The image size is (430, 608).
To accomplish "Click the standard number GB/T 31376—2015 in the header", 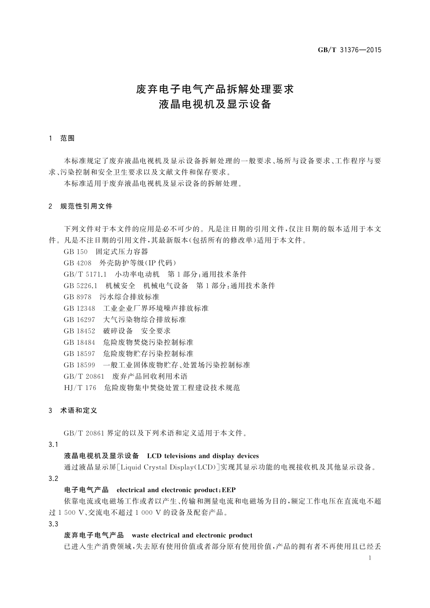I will point(349,50).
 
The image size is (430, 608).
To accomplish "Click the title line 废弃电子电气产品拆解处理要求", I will point(215,89).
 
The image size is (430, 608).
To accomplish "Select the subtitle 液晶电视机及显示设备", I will point(215,104).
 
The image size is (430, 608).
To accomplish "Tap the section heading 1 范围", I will point(62,138).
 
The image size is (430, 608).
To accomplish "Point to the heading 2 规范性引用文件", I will point(80,206).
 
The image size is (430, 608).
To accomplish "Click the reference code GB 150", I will point(76,252).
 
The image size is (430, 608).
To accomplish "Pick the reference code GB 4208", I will point(78,263).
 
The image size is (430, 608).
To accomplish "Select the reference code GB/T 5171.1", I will point(85,274).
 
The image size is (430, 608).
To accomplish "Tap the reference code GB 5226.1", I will point(81,285).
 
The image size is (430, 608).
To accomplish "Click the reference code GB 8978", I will point(78,297).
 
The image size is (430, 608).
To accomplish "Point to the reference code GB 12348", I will point(80,308).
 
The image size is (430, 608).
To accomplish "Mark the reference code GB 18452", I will point(80,331).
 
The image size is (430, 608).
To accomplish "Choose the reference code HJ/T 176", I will point(80,388).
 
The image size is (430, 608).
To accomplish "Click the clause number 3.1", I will point(53,445).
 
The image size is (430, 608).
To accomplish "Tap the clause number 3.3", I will point(53,524).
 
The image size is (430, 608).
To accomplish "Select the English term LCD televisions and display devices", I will point(203,456).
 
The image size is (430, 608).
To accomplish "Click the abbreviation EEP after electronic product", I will point(229,490).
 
